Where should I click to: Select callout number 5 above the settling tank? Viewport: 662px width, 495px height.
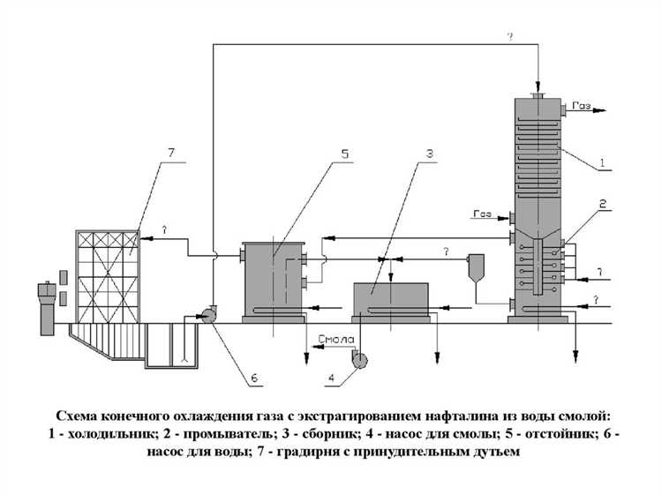(x=345, y=154)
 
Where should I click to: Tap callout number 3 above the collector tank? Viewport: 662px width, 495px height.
(x=429, y=154)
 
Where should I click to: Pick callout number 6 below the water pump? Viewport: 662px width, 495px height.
(x=253, y=379)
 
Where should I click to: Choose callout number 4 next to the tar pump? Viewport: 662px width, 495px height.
(x=332, y=379)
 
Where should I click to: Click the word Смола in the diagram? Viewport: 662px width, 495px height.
(x=336, y=339)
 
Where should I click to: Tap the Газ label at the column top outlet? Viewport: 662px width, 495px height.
(x=581, y=106)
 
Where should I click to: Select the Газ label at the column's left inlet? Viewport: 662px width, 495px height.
(x=482, y=214)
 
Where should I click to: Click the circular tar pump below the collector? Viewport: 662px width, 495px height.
(x=359, y=357)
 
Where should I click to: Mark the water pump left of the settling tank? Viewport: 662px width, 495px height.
(x=209, y=316)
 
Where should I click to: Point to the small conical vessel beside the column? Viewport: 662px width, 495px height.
(x=477, y=266)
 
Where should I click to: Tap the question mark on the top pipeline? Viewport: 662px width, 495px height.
(x=509, y=36)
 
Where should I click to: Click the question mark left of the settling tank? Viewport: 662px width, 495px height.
(x=164, y=229)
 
